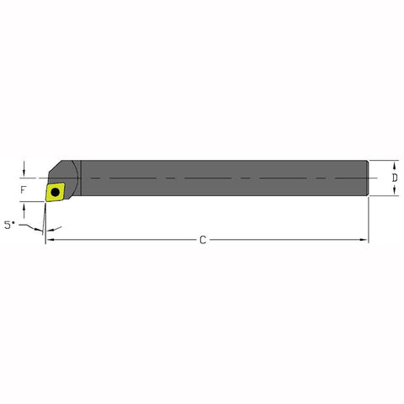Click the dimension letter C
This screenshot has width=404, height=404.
coord(203,240)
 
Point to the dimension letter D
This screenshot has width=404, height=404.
coord(395,178)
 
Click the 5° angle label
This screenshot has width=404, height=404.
coord(10,225)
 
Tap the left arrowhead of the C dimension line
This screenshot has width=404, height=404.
coord(49,240)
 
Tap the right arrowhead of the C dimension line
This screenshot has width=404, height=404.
coord(364,240)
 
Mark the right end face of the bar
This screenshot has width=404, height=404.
coord(368,178)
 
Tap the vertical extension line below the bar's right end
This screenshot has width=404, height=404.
coord(369,221)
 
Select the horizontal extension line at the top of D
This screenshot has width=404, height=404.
coord(385,160)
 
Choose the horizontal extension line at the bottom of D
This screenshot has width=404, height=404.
coord(385,196)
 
